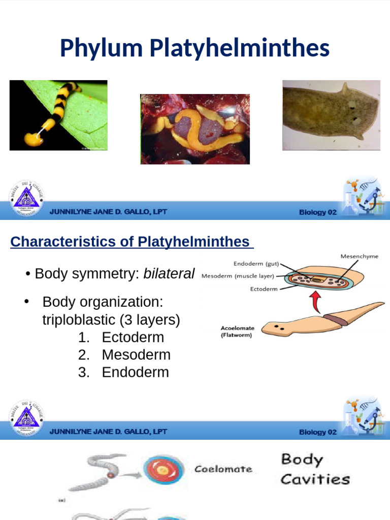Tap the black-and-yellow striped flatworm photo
[x=58, y=115]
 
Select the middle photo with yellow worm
[x=195, y=129]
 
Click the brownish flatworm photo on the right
[x=331, y=115]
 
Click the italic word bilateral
[x=169, y=274]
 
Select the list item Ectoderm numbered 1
[x=133, y=337]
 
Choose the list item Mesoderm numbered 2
[x=136, y=354]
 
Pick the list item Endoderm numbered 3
[x=135, y=372]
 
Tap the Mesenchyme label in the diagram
[x=359, y=256]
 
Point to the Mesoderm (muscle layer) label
[x=238, y=277]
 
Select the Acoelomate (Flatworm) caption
[x=236, y=332]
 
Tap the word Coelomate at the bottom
[x=223, y=469]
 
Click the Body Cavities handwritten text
[x=315, y=469]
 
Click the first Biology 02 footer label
[x=318, y=212]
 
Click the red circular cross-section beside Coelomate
[x=162, y=470]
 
